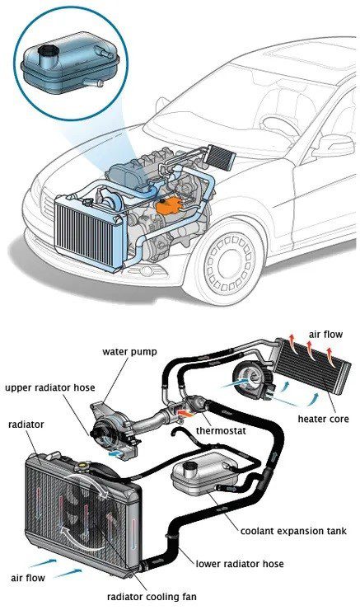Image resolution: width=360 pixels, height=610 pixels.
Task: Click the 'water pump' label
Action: click(x=130, y=352)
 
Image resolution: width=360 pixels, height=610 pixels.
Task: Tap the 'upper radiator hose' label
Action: click(x=50, y=388)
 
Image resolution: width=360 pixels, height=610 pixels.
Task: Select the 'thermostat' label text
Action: click(x=221, y=430)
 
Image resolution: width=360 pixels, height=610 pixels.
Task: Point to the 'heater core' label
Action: click(x=323, y=419)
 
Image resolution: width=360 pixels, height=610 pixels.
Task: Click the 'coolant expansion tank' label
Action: click(x=293, y=531)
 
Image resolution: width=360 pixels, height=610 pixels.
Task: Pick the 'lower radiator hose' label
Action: click(x=240, y=564)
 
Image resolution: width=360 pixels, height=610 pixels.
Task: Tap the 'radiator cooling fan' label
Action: click(x=152, y=596)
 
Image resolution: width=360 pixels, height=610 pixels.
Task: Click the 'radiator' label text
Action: click(x=26, y=424)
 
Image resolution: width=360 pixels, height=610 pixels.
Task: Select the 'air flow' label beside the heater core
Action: click(x=325, y=334)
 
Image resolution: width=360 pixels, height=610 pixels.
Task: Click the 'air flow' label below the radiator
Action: click(x=28, y=578)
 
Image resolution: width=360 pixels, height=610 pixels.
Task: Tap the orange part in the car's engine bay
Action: click(x=170, y=205)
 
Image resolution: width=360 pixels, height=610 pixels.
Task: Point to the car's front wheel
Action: click(x=230, y=262)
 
